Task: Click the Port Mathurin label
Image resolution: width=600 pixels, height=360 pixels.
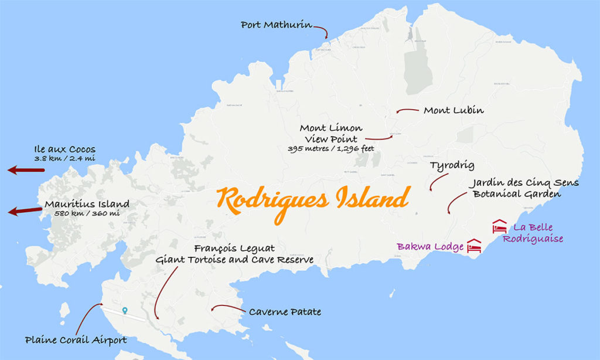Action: (275, 25)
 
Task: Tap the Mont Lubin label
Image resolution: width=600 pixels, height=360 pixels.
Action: (454, 110)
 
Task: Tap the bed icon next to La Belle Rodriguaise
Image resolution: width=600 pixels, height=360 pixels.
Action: (500, 226)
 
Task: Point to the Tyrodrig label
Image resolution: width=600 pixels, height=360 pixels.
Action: (452, 165)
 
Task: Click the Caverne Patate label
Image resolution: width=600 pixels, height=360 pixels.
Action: (285, 312)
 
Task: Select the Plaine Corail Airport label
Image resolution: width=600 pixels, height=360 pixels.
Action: (76, 339)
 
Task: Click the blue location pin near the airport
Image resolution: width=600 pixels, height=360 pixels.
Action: (124, 311)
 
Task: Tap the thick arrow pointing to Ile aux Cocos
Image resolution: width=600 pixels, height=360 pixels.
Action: (26, 170)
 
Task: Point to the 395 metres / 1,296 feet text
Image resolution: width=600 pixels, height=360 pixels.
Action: (330, 149)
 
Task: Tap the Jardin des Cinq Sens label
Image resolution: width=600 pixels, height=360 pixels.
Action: (524, 183)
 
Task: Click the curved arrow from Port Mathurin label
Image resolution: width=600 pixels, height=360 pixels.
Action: (321, 30)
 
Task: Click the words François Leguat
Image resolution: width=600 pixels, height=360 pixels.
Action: (234, 249)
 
